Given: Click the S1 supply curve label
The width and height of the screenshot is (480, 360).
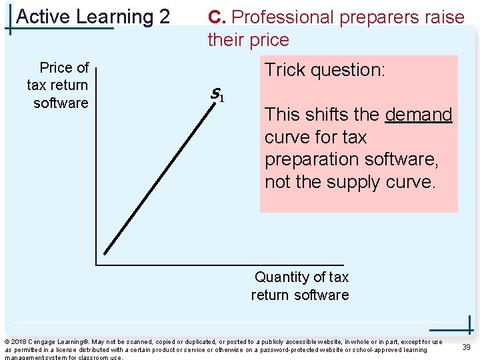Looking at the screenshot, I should (x=217, y=95).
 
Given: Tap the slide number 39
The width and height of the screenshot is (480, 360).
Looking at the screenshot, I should (x=467, y=346).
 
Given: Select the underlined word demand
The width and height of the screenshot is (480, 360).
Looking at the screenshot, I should (x=419, y=115).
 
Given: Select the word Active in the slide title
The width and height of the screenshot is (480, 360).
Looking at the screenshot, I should (x=42, y=16).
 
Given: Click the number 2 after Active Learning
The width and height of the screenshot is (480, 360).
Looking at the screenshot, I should (x=165, y=16).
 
